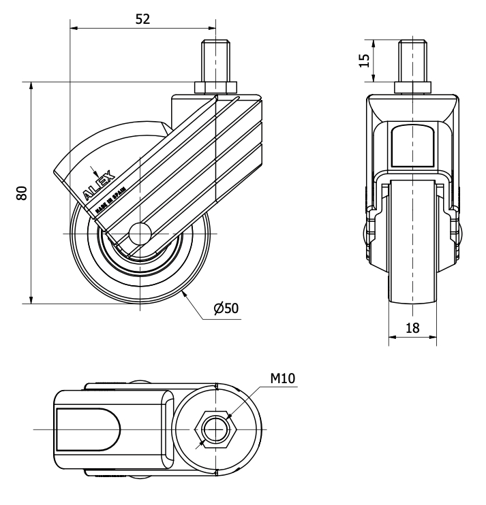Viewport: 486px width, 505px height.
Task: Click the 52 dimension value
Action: [142, 19]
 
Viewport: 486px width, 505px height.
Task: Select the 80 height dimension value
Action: [22, 193]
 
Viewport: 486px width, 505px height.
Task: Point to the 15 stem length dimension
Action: [365, 61]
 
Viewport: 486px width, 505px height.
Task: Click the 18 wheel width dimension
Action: [412, 327]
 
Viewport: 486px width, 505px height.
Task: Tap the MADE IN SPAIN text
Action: [109, 202]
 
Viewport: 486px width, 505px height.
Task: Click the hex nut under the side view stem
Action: [216, 88]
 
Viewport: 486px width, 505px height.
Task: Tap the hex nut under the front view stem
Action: [412, 88]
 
